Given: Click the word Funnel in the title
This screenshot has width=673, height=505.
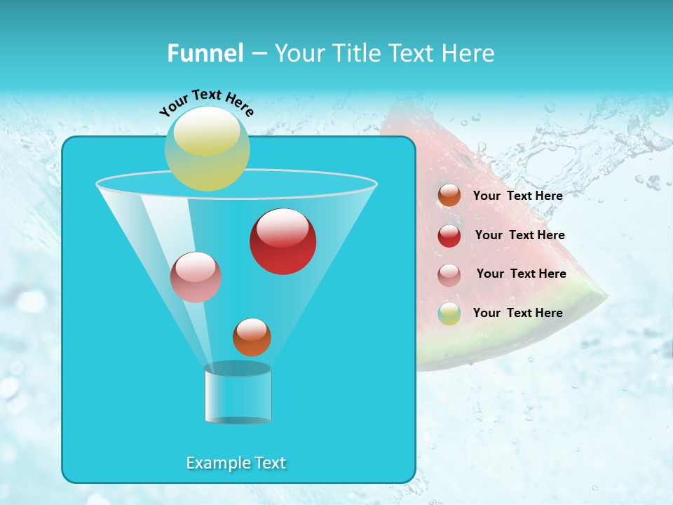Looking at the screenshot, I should (x=205, y=53).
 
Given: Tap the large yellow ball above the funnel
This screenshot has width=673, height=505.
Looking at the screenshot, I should (x=208, y=148).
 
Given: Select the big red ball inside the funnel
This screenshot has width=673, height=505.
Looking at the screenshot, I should (x=283, y=241).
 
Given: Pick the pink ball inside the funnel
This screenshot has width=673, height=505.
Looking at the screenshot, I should (x=196, y=277).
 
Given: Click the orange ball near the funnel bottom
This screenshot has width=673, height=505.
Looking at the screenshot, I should (x=252, y=337).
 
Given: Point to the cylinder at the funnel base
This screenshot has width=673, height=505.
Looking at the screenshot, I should (x=238, y=395).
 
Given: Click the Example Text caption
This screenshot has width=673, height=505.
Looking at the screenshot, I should (x=236, y=463).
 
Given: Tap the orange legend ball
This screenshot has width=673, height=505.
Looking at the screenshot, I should (x=449, y=196).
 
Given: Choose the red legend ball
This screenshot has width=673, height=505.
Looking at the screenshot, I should (x=449, y=235).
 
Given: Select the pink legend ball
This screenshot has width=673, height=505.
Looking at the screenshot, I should (x=449, y=274).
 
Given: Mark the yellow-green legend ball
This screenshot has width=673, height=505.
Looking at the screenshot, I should (x=449, y=314).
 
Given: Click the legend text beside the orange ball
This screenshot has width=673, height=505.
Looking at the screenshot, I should (x=517, y=196).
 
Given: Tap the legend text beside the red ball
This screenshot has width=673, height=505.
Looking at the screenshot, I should (x=519, y=235).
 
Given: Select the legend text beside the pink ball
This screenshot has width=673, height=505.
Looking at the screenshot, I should (x=521, y=274).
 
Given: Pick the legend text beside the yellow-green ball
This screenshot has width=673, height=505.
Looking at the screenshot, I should (x=517, y=313).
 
